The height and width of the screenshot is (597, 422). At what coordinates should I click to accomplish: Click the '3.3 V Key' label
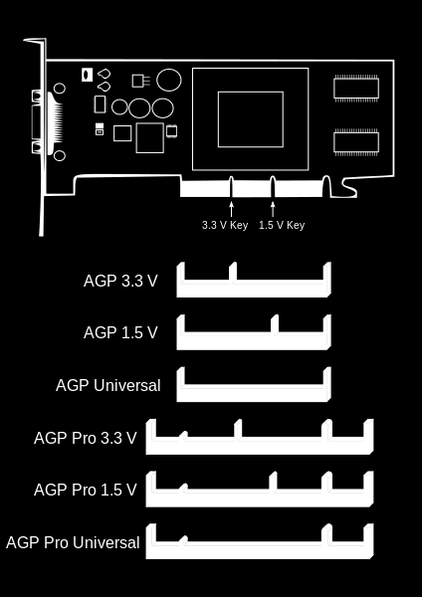225,225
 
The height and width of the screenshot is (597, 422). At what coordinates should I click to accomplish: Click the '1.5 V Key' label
282,225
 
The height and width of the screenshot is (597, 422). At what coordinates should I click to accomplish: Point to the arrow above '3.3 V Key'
231,209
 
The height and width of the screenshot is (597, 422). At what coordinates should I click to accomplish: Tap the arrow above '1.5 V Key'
273,209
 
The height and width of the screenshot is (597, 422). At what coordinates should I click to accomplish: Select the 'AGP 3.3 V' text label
120,281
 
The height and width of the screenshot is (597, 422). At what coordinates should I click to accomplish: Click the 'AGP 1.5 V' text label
120,332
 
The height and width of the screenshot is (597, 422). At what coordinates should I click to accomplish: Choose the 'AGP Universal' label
108,385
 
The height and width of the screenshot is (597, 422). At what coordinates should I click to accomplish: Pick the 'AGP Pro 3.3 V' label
86,438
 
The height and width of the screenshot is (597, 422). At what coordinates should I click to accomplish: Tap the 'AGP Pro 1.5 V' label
86,490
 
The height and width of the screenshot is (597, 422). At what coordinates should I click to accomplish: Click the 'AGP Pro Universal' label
73,542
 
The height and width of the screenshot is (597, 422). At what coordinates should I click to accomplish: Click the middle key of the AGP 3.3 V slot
233,273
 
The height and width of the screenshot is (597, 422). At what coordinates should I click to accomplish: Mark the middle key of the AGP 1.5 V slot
275,324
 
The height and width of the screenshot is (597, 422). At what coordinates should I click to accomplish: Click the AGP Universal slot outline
254,394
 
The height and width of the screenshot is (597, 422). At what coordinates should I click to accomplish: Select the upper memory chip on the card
356,88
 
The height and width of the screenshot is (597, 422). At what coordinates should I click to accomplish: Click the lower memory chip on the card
356,142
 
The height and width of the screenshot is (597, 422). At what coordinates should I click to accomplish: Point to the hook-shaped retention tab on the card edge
349,187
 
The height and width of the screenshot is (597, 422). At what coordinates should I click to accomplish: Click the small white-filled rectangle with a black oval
88,75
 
